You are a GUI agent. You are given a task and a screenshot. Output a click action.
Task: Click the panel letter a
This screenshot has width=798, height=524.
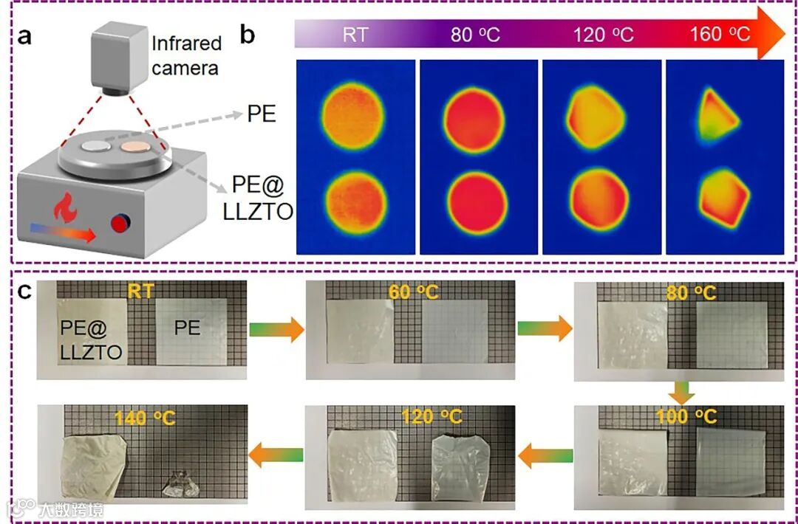click(24, 35)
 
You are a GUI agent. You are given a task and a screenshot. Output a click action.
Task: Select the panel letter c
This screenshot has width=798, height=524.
click(25, 291)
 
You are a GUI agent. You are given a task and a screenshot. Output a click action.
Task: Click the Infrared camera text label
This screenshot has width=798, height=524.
click(186, 55)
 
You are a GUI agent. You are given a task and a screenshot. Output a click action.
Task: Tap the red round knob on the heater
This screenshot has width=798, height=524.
click(118, 222)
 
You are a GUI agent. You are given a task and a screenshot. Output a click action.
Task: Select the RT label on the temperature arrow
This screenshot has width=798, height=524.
click(355, 35)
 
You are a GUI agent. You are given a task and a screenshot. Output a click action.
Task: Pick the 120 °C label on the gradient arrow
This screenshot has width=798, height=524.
click(603, 35)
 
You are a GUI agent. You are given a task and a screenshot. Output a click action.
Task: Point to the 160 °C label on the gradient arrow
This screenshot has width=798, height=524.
click(720, 34)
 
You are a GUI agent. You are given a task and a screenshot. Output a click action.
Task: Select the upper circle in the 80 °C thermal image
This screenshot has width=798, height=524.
click(474, 114)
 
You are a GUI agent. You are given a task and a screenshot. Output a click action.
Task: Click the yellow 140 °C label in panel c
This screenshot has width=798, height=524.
click(144, 418)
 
